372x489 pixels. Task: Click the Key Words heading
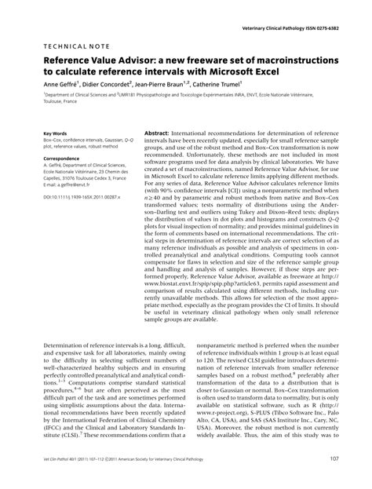click(x=56, y=134)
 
